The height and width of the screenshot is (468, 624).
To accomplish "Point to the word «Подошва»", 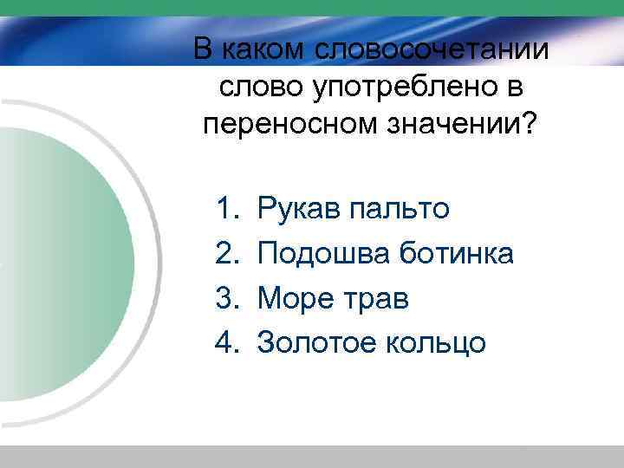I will (x=324, y=254).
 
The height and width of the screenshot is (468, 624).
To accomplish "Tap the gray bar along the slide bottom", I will (x=312, y=456).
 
